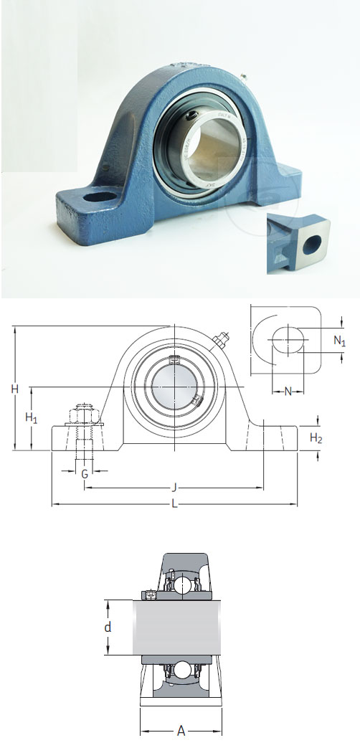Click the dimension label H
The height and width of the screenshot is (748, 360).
pos(14,389)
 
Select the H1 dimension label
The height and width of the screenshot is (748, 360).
pos(32,418)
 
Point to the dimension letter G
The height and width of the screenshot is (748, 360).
pos(85,474)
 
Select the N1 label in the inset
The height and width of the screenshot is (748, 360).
pos(340,341)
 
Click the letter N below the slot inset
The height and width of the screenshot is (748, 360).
pos(288,392)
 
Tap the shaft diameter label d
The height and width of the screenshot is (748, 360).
pos(108,628)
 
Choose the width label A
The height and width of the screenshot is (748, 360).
pos(181,732)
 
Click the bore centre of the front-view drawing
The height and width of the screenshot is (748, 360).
pos(174,387)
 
